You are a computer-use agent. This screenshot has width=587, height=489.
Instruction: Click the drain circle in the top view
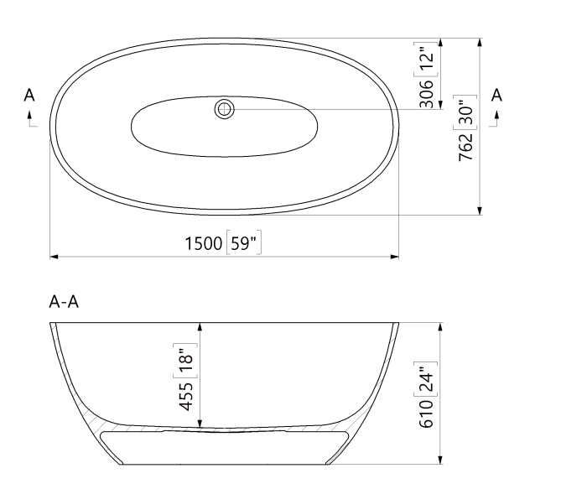coord(225,108)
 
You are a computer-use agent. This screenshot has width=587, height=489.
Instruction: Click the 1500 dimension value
coord(203,244)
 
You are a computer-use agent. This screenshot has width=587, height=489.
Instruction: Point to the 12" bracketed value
coord(428,58)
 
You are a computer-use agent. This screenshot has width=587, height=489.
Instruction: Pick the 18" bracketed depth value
coord(188,360)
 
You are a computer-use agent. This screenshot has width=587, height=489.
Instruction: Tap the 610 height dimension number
coord(427,414)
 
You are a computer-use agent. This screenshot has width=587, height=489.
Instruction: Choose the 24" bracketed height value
coord(427,379)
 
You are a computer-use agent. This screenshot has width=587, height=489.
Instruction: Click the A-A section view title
coord(64,303)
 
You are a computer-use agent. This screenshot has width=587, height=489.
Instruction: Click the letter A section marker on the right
coord(496,94)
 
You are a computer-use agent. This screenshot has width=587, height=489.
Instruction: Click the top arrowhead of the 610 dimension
coord(439,327)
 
